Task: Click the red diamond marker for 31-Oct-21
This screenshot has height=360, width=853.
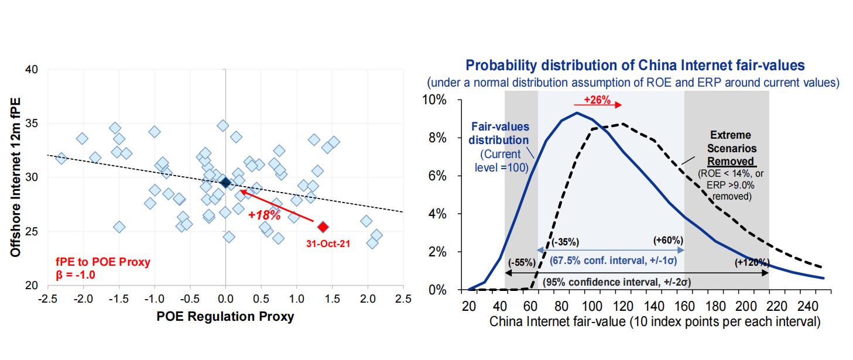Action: point(323,226)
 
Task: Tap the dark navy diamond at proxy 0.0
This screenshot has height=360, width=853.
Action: point(225,183)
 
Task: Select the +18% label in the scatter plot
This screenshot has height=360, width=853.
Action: point(261,215)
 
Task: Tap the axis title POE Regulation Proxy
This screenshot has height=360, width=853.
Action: point(225,317)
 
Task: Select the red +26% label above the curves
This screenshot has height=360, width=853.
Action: point(597,100)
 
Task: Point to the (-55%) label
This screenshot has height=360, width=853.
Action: point(522,262)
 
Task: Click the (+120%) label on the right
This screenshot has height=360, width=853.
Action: point(752,262)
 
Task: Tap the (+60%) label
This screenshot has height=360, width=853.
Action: point(668,240)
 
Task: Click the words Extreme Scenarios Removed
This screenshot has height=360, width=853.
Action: point(729,148)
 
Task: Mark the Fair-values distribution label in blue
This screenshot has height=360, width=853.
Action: point(501,134)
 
